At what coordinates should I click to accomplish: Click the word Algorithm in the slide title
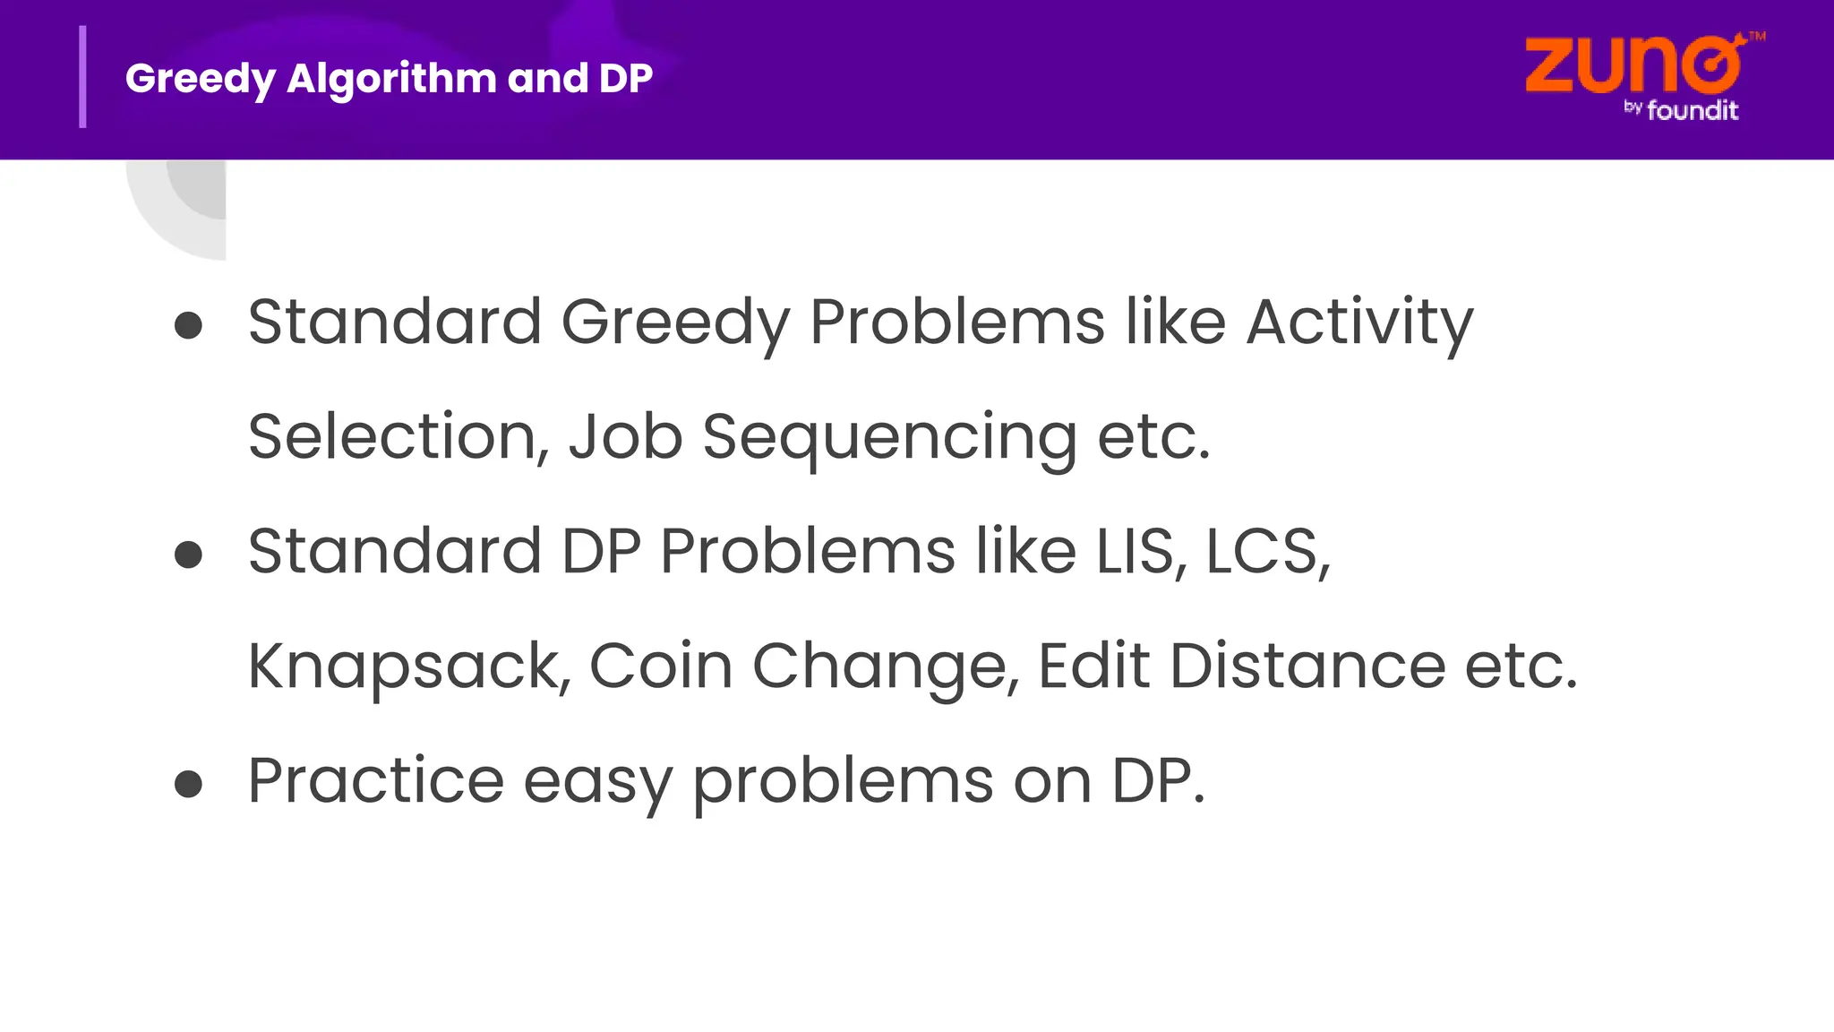pos(390,79)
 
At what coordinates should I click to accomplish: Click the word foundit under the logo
pos(1692,110)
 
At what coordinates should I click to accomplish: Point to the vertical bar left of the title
pos(83,77)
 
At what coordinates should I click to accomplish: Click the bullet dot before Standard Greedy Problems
pos(188,325)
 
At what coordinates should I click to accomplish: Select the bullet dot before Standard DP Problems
pos(188,555)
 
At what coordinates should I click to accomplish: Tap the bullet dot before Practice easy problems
pos(188,784)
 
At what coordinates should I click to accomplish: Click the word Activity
pos(1359,322)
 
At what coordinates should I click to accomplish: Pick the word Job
pos(625,437)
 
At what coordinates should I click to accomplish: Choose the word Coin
pos(661,666)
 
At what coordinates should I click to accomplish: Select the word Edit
pos(1093,666)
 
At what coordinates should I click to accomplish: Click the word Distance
pos(1307,666)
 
